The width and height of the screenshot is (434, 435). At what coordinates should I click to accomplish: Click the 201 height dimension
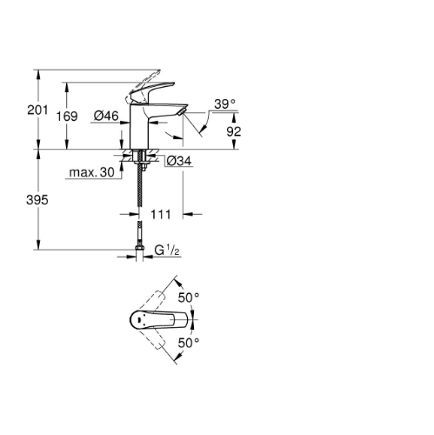(37, 110)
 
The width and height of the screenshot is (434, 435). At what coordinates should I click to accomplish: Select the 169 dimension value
(67, 117)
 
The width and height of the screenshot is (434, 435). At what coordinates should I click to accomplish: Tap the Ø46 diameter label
(106, 116)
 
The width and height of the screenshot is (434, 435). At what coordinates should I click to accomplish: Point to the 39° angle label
(224, 104)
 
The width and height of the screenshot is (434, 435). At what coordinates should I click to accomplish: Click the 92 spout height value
(234, 131)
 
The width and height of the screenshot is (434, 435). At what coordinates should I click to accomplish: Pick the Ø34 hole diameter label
(179, 161)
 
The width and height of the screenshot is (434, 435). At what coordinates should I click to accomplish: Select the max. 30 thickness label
(92, 172)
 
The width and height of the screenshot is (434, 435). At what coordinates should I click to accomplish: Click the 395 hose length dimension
(37, 200)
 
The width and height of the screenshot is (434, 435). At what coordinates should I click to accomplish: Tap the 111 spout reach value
(161, 215)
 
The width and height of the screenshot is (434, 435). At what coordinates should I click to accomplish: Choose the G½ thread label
(167, 251)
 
